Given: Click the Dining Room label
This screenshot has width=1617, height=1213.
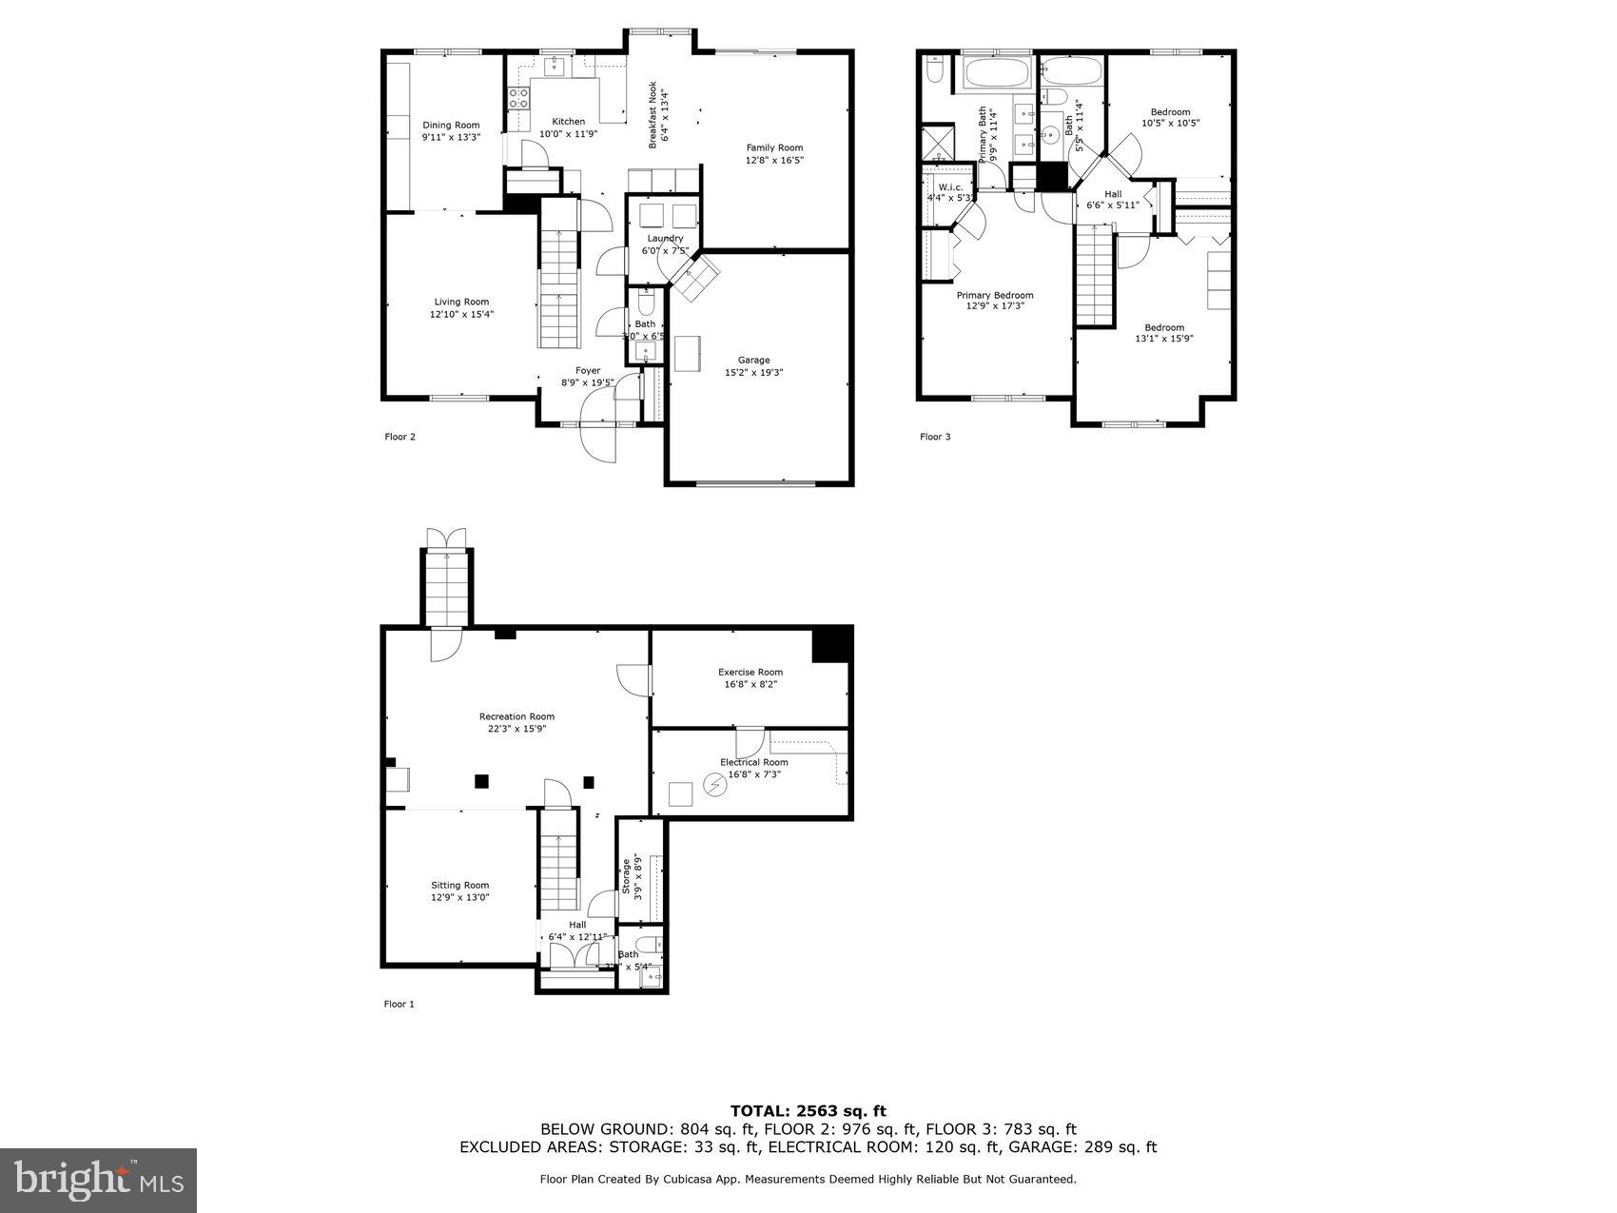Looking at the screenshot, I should click(x=451, y=126).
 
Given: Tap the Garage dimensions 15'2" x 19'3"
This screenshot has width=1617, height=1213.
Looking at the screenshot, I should click(x=753, y=373).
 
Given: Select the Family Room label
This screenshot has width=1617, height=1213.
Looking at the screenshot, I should click(x=774, y=147).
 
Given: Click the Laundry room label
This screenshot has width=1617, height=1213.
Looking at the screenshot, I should click(x=665, y=239).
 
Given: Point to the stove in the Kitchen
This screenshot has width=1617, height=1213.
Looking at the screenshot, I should click(x=518, y=96).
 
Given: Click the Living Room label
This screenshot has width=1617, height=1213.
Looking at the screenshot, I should click(x=461, y=302).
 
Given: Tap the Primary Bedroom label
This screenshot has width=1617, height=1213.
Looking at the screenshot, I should click(x=994, y=295).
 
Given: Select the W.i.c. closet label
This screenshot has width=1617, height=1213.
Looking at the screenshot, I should click(x=949, y=187).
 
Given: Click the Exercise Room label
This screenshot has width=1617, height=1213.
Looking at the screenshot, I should click(x=750, y=673).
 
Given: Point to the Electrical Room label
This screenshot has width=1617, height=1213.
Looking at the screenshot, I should click(x=753, y=762).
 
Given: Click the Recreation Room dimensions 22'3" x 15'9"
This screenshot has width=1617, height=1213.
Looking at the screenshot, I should click(x=516, y=729).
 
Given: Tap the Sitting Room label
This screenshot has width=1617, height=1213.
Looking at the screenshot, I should click(x=459, y=885).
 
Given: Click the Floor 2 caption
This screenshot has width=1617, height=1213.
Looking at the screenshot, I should click(x=399, y=437).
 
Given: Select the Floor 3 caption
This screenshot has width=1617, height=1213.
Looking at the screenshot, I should click(x=934, y=437).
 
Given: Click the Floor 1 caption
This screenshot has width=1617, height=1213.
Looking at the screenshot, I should click(x=399, y=1004).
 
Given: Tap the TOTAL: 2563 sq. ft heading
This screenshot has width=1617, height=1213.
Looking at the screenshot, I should click(x=808, y=1110).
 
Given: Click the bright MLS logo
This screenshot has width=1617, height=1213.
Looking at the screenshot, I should click(x=99, y=1181).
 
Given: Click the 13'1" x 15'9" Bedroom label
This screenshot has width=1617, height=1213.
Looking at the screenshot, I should click(x=1163, y=327).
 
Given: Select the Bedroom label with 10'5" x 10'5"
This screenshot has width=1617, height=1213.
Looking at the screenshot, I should click(x=1170, y=112).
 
